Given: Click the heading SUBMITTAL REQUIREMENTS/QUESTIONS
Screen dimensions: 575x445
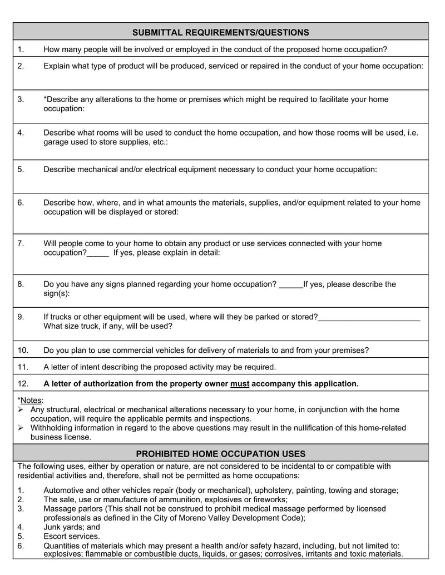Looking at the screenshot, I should (x=221, y=32).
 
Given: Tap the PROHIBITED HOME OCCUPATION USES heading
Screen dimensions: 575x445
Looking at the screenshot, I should (x=221, y=453).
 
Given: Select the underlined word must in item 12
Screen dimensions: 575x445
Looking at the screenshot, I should (x=240, y=383).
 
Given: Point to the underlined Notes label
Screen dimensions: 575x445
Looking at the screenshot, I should (x=32, y=400).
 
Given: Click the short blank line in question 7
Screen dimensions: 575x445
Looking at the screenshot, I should (x=98, y=253).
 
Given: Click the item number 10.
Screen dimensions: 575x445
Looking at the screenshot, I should (x=23, y=350).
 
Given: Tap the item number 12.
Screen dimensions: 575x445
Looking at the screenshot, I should (x=23, y=383).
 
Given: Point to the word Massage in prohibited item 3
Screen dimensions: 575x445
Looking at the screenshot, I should (x=59, y=508).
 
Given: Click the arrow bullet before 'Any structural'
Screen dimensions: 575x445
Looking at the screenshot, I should (x=21, y=409).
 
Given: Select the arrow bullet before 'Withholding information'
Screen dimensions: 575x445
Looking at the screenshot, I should (x=21, y=428).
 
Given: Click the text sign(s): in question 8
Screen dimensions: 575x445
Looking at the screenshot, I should (x=57, y=293).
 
